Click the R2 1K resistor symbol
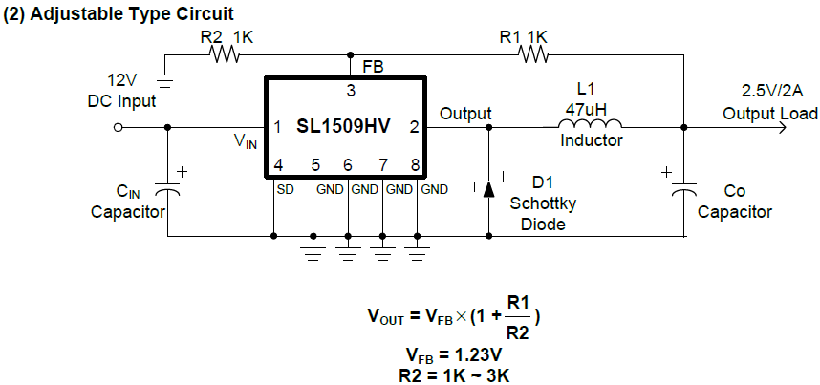click(x=225, y=55)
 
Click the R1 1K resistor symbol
click(x=533, y=55)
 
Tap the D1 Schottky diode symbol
click(x=488, y=187)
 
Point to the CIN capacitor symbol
click(x=168, y=190)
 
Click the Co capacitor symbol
click(x=685, y=190)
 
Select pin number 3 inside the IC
click(x=351, y=91)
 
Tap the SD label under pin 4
click(x=284, y=189)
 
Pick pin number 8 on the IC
click(x=416, y=164)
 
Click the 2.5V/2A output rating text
click(x=769, y=91)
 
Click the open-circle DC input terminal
click(x=119, y=125)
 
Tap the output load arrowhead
click(x=783, y=125)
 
